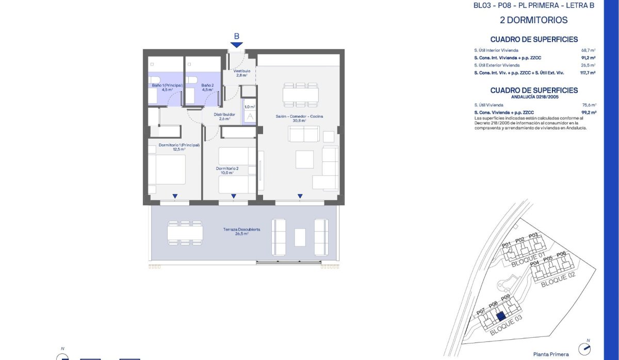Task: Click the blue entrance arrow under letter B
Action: point(236,45)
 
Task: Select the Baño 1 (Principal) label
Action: point(166,86)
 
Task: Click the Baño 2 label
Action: point(207,86)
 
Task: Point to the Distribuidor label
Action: point(225,115)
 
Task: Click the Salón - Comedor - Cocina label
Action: point(299,117)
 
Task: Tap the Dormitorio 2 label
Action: point(227,169)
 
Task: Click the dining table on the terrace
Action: point(185,234)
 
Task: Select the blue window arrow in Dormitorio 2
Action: point(234,196)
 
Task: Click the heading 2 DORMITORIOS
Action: point(534,21)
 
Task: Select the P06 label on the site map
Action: point(561,253)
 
